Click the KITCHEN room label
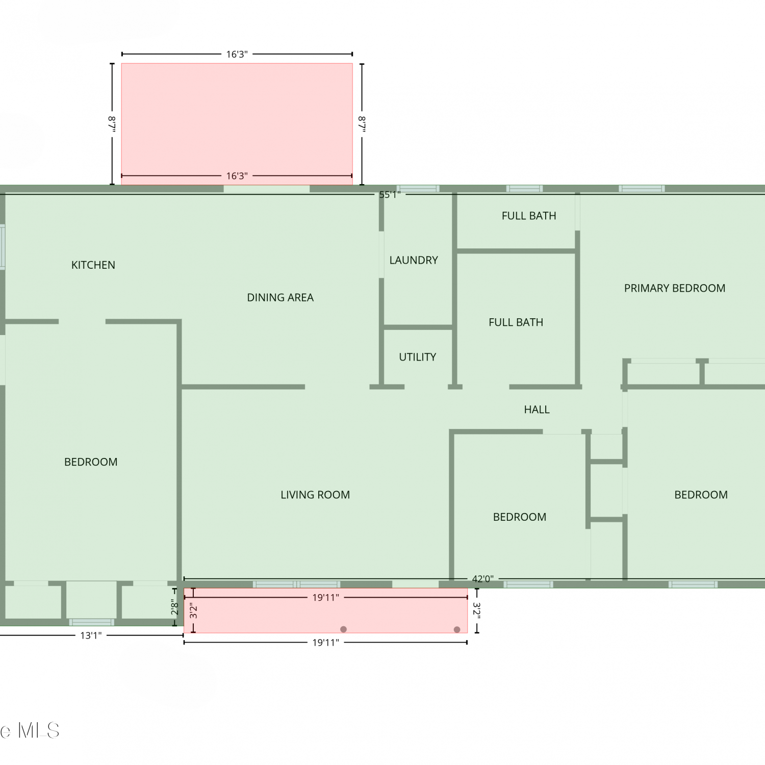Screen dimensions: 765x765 [93, 265]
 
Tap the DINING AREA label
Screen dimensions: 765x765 [280, 298]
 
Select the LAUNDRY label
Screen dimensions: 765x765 [414, 261]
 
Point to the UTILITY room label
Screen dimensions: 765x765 [418, 357]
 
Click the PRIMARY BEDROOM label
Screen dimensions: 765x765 [675, 288]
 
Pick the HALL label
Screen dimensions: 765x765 [537, 410]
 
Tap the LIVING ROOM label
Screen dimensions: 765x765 [315, 495]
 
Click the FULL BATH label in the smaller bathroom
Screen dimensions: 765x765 [529, 216]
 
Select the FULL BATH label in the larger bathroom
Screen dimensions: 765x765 [516, 322]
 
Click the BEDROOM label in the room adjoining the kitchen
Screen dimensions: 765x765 [91, 462]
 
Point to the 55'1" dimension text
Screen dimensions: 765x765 [390, 194]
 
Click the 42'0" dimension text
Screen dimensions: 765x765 [482, 579]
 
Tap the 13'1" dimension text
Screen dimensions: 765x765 [91, 635]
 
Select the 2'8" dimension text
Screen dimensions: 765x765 [174, 607]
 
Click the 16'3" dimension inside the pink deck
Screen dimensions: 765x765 [237, 176]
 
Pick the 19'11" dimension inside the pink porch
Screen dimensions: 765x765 [325, 598]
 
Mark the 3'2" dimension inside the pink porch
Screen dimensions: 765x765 [193, 610]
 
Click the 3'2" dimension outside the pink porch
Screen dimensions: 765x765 [477, 610]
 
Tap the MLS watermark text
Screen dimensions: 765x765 [39, 731]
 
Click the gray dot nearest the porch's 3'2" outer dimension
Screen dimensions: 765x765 [457, 629]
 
